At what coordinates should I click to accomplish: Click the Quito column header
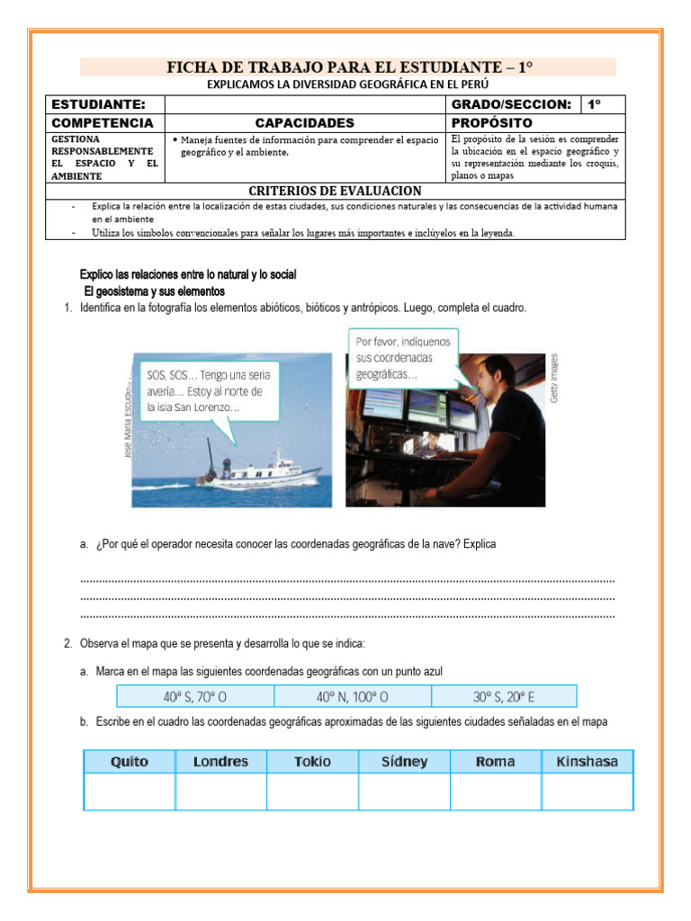tap(130, 762)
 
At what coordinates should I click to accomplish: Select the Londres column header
tap(221, 762)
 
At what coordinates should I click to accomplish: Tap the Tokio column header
tap(312, 762)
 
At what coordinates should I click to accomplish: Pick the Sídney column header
tap(404, 762)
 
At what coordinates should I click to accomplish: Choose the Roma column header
tap(496, 762)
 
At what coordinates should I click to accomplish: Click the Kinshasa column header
tap(588, 762)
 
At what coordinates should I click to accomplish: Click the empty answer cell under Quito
tap(130, 791)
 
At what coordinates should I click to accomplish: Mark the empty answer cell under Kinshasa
tap(588, 791)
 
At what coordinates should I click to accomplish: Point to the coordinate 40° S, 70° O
tap(194, 696)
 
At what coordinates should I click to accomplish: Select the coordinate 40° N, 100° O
tap(352, 696)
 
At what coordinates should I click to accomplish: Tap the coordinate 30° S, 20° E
tap(504, 696)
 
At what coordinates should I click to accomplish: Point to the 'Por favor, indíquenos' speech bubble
tap(402, 357)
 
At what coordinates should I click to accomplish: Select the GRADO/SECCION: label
tap(511, 104)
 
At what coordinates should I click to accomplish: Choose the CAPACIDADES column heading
tap(305, 122)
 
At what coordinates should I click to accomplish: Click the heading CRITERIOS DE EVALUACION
tap(335, 191)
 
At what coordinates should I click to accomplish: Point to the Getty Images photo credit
tap(555, 377)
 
